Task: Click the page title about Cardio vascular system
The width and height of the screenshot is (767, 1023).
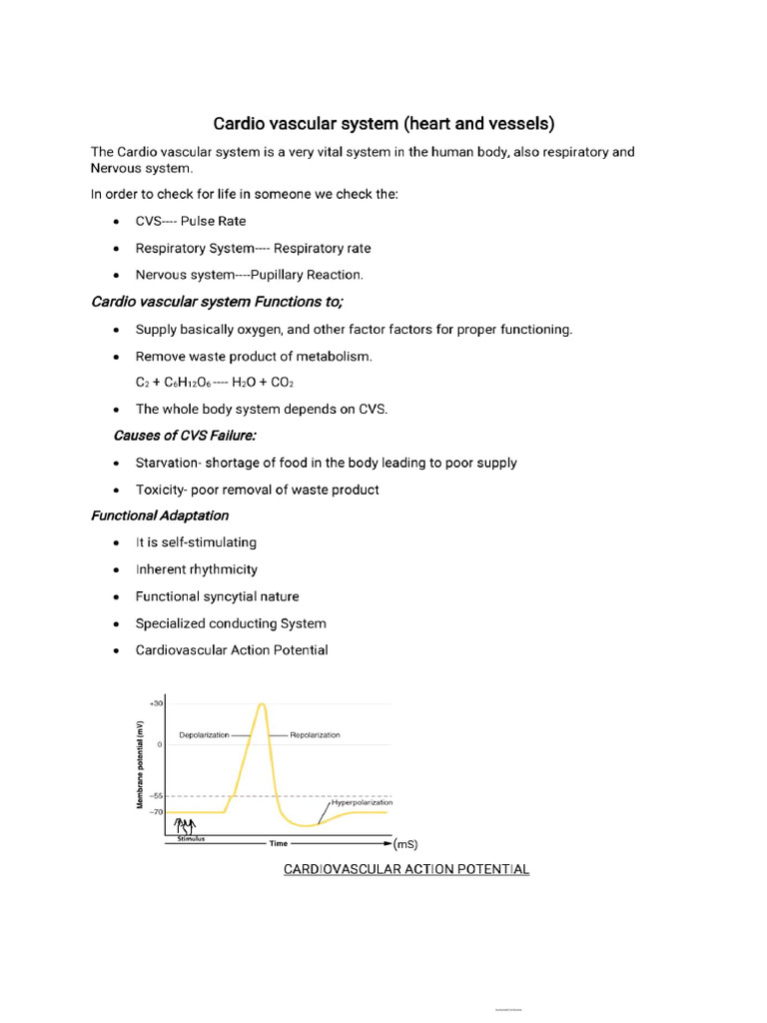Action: tap(383, 124)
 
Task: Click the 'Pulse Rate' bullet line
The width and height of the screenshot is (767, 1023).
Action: tap(191, 221)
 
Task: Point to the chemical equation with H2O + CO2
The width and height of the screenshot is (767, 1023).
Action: tap(215, 383)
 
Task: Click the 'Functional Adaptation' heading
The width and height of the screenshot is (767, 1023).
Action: tap(160, 516)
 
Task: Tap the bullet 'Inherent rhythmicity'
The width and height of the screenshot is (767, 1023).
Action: tap(197, 569)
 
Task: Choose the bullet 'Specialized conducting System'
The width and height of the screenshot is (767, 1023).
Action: tap(231, 623)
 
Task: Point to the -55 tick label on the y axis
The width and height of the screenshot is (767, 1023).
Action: tap(157, 796)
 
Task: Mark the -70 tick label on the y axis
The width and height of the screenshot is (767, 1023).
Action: tap(157, 812)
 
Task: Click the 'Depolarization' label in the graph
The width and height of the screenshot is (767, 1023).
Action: tap(204, 735)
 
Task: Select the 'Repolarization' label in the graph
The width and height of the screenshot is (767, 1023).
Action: tap(315, 735)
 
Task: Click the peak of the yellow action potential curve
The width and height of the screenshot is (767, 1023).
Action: tap(262, 705)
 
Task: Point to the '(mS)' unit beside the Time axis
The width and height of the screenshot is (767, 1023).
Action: tap(405, 844)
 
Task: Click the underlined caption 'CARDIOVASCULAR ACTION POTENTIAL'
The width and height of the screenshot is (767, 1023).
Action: tap(406, 870)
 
